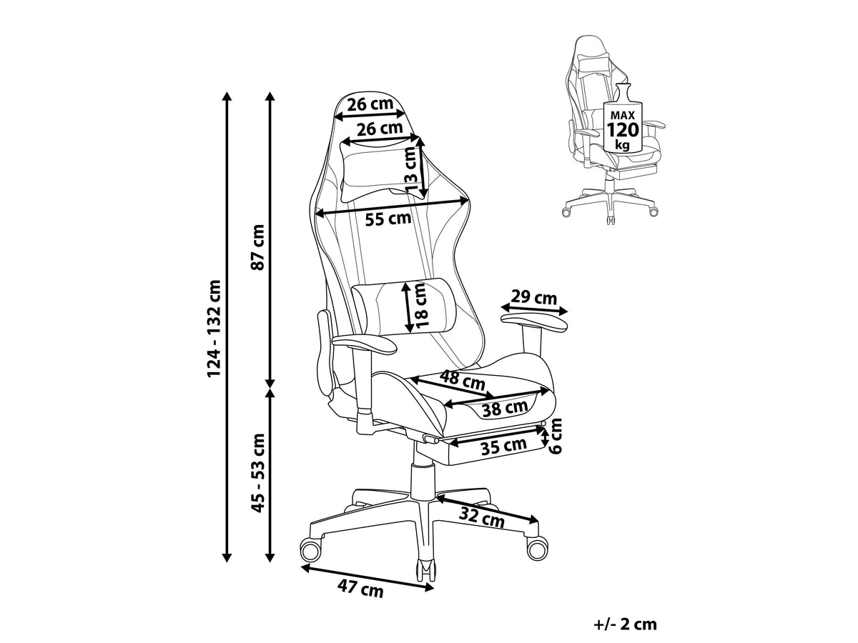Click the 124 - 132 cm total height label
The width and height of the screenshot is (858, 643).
tap(214, 328)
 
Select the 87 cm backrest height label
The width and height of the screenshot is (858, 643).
tap(258, 247)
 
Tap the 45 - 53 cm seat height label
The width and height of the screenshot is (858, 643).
tap(258, 472)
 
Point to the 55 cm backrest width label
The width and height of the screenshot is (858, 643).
tap(388, 219)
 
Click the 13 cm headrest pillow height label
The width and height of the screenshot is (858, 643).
tap(413, 169)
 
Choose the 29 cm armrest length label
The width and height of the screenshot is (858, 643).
tap(533, 298)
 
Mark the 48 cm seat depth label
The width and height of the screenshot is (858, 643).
tap(462, 380)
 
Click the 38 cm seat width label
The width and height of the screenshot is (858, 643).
tap(505, 409)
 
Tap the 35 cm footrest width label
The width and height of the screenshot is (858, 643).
tap(503, 445)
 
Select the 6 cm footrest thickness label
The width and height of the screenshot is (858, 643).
tap(555, 436)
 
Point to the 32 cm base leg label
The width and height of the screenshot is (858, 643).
tap(482, 518)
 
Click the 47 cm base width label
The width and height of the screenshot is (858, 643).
tap(360, 589)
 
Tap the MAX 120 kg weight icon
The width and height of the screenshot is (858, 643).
tap(623, 117)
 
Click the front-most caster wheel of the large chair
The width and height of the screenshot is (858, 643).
tap(425, 572)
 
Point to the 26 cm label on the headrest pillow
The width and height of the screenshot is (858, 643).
tap(380, 129)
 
